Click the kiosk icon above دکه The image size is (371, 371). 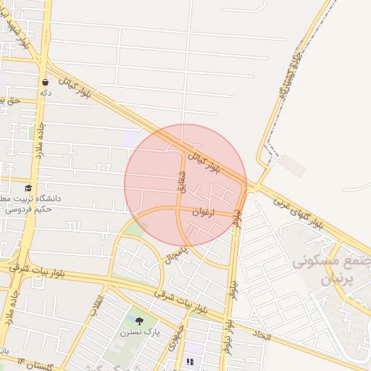pyautogui.click(x=46, y=83)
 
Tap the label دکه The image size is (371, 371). pyautogui.click(x=46, y=93)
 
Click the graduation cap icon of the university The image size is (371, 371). pyautogui.click(x=28, y=188)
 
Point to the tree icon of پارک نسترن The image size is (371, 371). pyautogui.click(x=139, y=320)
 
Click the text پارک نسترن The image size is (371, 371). pyautogui.click(x=139, y=332)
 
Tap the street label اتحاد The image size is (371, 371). pyautogui.click(x=262, y=335)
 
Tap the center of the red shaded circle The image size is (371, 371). pyautogui.click(x=185, y=185)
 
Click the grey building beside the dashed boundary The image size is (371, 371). pyautogui.click(x=291, y=166)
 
